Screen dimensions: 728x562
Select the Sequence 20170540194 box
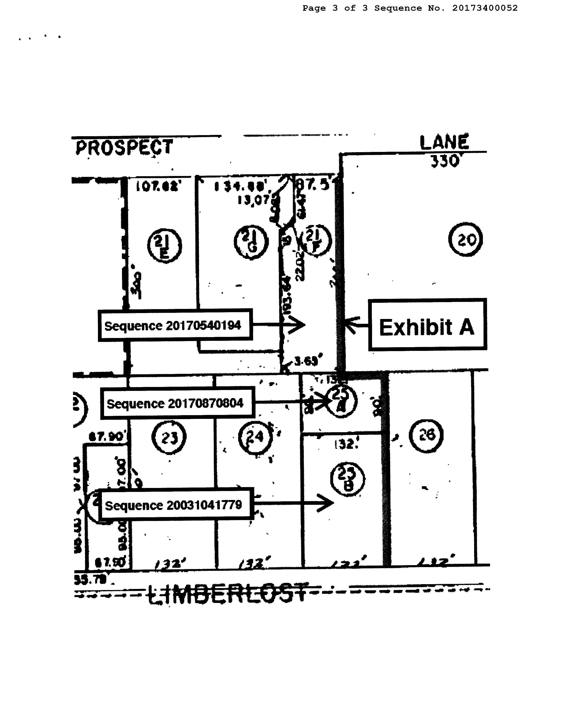coord(175,325)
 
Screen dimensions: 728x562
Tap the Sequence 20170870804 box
coord(177,403)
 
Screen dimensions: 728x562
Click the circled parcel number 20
coord(465,240)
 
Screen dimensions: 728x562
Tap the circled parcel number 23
coord(169,437)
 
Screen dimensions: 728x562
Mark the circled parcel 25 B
coord(347,479)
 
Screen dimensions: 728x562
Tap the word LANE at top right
coord(444,143)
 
